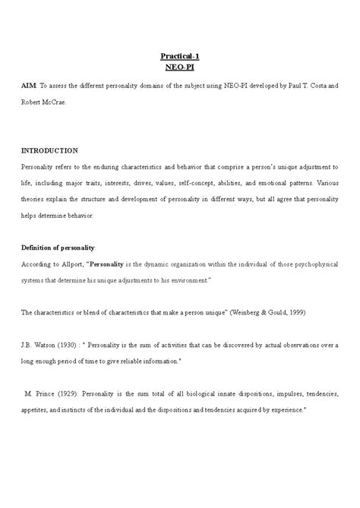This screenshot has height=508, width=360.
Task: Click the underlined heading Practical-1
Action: click(180, 55)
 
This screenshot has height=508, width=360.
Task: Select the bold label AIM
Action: click(28, 87)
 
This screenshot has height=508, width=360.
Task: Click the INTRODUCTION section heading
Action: click(50, 150)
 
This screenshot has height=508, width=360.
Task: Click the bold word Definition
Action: click(39, 248)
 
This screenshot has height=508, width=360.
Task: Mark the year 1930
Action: click(74, 344)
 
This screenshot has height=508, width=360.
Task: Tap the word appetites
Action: click(36, 409)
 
